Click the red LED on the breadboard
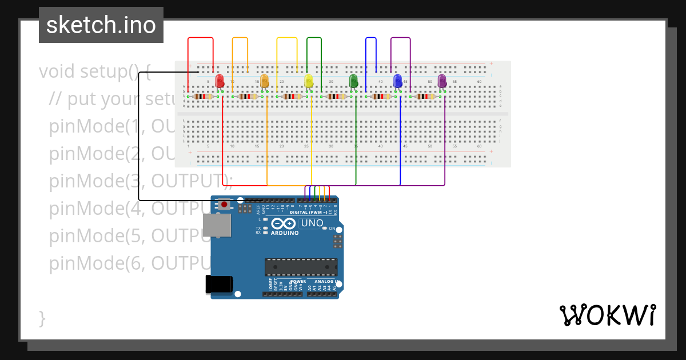pos(220,81)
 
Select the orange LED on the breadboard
pos(264,81)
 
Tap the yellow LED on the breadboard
pos(309,81)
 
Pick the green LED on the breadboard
pos(353,81)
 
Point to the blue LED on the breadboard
pos(398,81)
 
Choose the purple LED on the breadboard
pos(442,81)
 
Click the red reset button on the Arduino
pos(225,204)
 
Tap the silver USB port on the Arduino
pos(217,225)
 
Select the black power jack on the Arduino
pos(219,284)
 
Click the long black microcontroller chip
pos(301,267)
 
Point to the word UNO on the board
pos(312,223)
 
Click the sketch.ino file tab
pos(101,25)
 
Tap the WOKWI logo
pos(607,315)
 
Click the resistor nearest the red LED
pos(204,97)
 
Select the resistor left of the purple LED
pos(426,97)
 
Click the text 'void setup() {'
pos(94,72)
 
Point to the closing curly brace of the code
pos(42,318)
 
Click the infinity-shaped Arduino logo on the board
pos(284,223)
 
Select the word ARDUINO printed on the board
pos(285,233)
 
